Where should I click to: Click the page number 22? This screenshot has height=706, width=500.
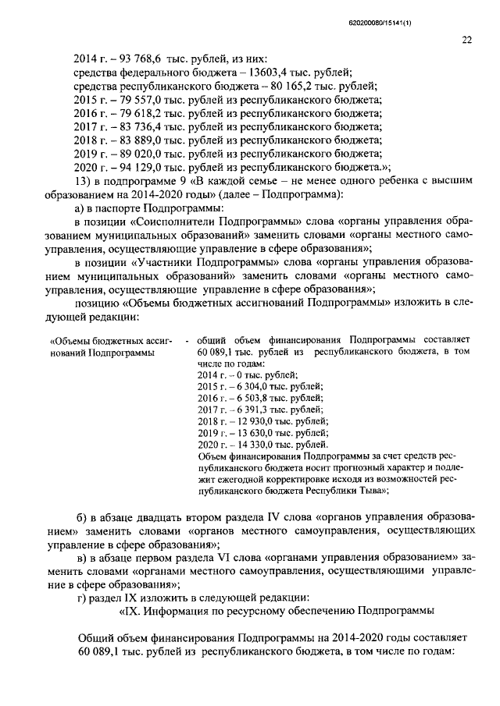(466, 40)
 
